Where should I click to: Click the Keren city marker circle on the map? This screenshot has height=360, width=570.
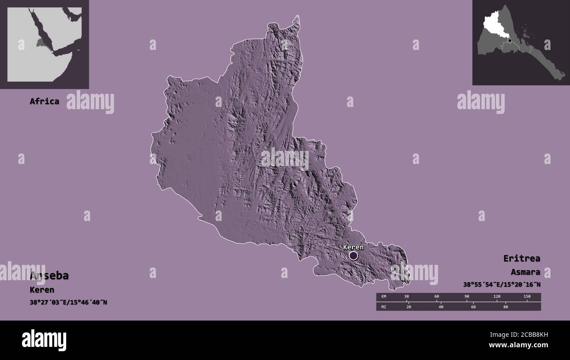353,256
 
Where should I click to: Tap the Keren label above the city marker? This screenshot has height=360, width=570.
353,247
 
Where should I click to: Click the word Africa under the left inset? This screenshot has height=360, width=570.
44,101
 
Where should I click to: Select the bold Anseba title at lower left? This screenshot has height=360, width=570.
49,276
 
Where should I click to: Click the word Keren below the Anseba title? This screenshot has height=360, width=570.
42,290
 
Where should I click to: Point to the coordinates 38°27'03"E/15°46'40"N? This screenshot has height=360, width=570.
68,303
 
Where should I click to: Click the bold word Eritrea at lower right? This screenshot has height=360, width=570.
522,258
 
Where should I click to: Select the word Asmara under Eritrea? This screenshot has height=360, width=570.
525,272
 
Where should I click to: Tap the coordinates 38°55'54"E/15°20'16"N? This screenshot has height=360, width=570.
502,285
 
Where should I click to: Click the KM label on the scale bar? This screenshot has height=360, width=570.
384,297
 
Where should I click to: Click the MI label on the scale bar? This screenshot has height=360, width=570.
384,307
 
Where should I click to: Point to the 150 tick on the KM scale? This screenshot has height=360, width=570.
527,297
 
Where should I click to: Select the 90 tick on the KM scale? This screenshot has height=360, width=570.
467,297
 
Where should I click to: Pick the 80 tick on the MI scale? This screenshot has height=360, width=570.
505,307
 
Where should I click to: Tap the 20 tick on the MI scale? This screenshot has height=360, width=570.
409,307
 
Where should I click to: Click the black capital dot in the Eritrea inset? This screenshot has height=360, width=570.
509,40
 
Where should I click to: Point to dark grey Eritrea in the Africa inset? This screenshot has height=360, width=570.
41,43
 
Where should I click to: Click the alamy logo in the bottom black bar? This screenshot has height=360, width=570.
44,340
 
